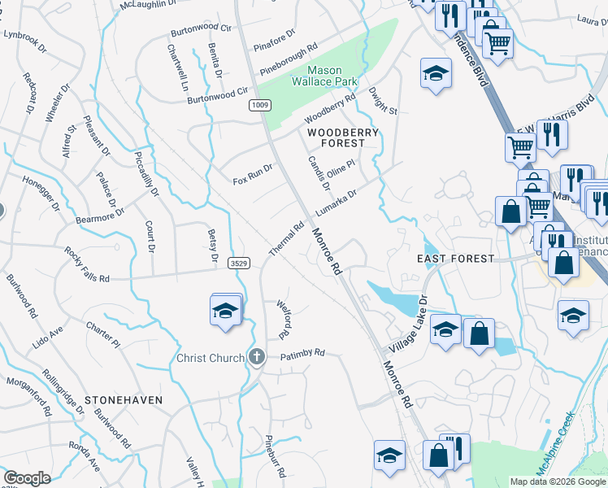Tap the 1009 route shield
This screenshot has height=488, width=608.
pyautogui.click(x=260, y=105)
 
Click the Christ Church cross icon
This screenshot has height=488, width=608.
pyautogui.click(x=257, y=357)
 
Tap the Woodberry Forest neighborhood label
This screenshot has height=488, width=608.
pyautogui.click(x=336, y=137)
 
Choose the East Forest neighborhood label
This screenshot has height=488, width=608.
pyautogui.click(x=455, y=259)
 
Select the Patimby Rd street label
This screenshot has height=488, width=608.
pyautogui.click(x=302, y=355)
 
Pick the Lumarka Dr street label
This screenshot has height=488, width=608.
pyautogui.click(x=348, y=198)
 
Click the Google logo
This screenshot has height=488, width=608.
pyautogui.click(x=27, y=478)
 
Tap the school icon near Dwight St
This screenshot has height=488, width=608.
pyautogui.click(x=436, y=75)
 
